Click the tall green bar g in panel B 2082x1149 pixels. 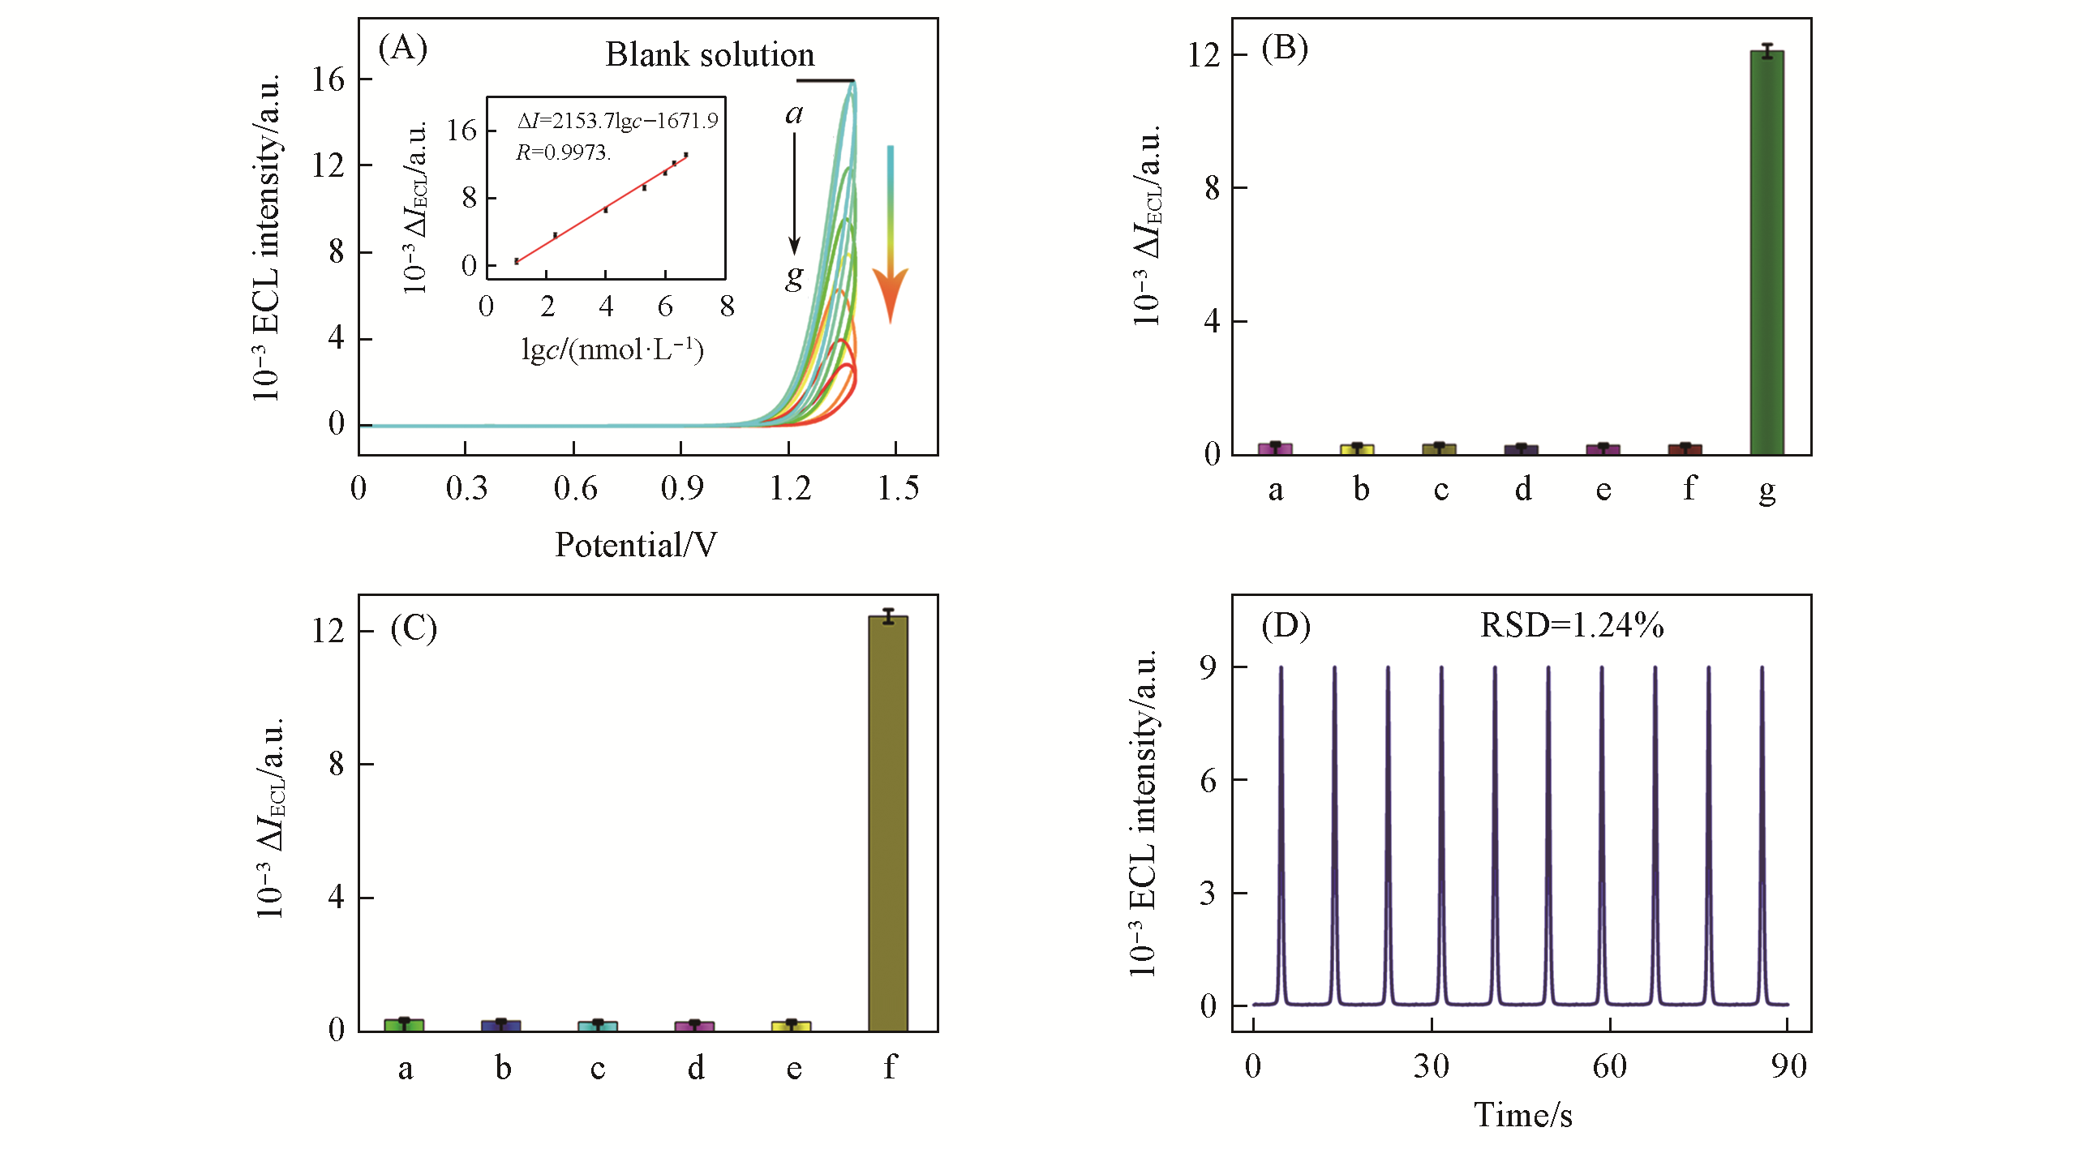tap(1766, 251)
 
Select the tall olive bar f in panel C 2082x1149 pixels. tap(888, 823)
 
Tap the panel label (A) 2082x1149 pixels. tap(402, 49)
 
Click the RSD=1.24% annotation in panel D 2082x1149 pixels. tap(1571, 625)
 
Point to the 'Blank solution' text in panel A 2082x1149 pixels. tap(710, 55)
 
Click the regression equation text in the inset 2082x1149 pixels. tap(617, 121)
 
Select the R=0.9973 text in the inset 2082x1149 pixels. tap(563, 152)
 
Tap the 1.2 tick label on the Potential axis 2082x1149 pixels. tap(789, 488)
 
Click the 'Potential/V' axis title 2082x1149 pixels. tap(636, 545)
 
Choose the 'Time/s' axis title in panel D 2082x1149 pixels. tap(1522, 1115)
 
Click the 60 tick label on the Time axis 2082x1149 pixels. tap(1609, 1066)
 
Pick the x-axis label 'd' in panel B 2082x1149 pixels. tap(1523, 489)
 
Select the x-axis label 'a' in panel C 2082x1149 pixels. tap(405, 1069)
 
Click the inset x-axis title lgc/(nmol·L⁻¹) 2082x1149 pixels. tap(612, 349)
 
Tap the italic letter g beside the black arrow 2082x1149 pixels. tap(794, 277)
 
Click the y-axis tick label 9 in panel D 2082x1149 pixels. tap(1208, 667)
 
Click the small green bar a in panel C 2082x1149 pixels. tap(404, 1025)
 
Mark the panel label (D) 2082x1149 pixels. tap(1286, 626)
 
